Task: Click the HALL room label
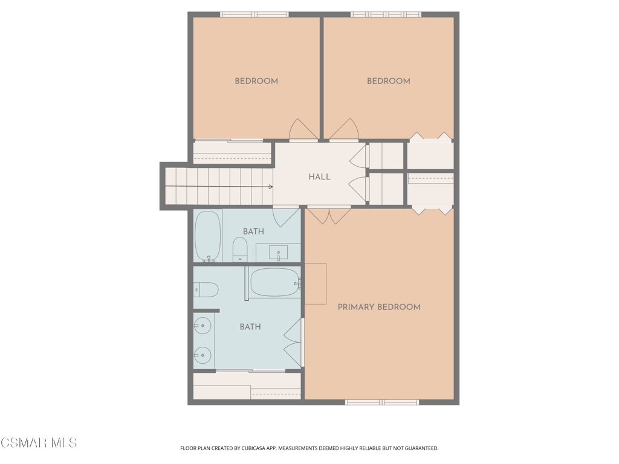click(319, 177)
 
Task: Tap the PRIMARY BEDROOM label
click(379, 307)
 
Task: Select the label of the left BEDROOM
click(256, 81)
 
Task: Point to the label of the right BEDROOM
click(389, 81)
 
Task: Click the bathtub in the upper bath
click(208, 236)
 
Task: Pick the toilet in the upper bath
click(239, 250)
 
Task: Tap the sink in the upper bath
click(278, 253)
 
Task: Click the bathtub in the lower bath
click(276, 283)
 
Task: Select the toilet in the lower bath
click(206, 289)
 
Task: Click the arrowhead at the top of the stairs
click(271, 187)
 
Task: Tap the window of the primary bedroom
click(382, 402)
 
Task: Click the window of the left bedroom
click(254, 14)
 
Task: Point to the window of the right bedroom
click(386, 14)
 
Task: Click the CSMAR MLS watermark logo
click(39, 443)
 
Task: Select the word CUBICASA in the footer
click(256, 448)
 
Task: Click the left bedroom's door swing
click(303, 129)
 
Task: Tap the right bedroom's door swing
click(344, 129)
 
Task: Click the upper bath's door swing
click(286, 217)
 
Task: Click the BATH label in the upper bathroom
click(253, 231)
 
